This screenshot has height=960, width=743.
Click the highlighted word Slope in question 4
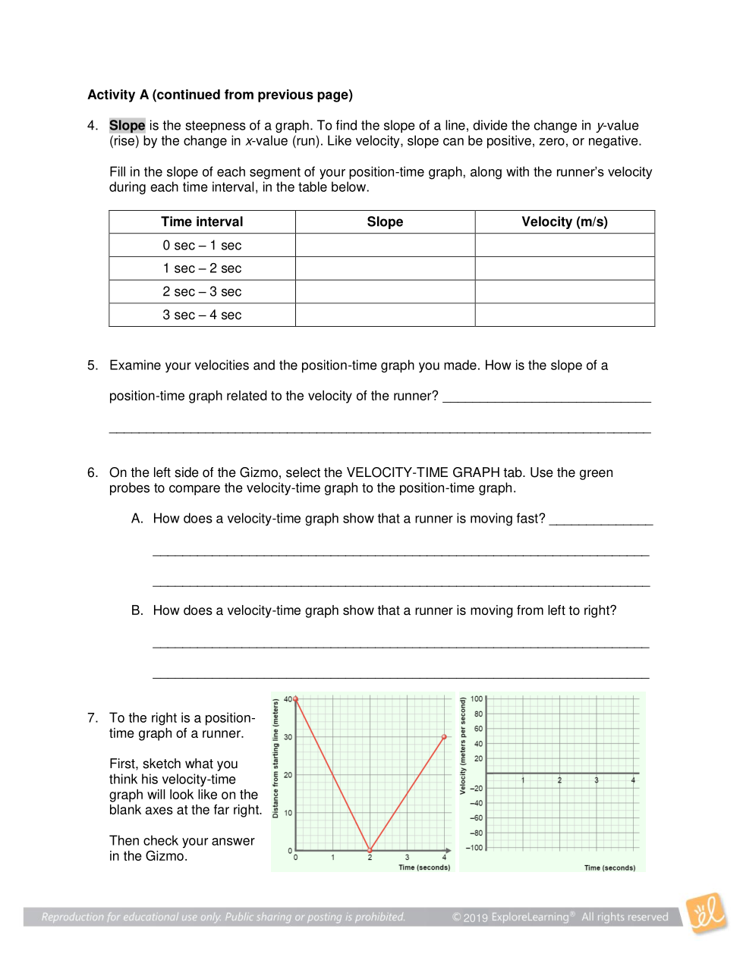[127, 126]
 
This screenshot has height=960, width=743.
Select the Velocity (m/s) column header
[565, 222]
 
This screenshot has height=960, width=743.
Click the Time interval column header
[202, 222]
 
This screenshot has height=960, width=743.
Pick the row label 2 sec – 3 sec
[202, 292]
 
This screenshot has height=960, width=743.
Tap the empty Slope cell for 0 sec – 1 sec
[385, 246]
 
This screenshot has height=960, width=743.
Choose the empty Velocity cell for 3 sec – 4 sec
[565, 315]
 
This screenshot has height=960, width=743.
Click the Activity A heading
[220, 95]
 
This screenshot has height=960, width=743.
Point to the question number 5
[92, 365]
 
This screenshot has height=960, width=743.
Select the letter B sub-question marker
[137, 610]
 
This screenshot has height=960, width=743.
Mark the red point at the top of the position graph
[295, 698]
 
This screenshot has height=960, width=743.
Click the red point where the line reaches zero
[370, 850]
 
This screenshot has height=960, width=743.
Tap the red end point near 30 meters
[445, 736]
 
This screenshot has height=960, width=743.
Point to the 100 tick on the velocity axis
[477, 699]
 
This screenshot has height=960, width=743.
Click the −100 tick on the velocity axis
[474, 848]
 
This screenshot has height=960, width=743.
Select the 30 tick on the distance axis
[288, 737]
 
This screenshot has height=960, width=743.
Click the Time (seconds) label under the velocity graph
[609, 868]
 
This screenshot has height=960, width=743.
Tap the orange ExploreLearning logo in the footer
[706, 912]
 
